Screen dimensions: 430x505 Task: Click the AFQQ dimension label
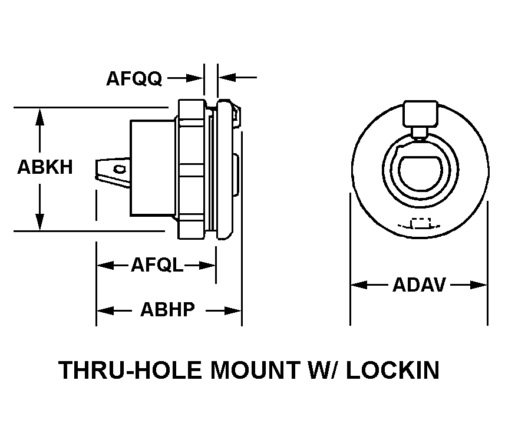(x=134, y=78)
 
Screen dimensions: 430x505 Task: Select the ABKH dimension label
(x=45, y=167)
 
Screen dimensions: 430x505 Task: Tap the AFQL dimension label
(x=157, y=266)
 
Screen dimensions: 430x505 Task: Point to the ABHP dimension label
(x=167, y=309)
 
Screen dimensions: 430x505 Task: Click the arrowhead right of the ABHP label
(x=234, y=310)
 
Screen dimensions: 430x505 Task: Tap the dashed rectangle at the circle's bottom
(x=420, y=224)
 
